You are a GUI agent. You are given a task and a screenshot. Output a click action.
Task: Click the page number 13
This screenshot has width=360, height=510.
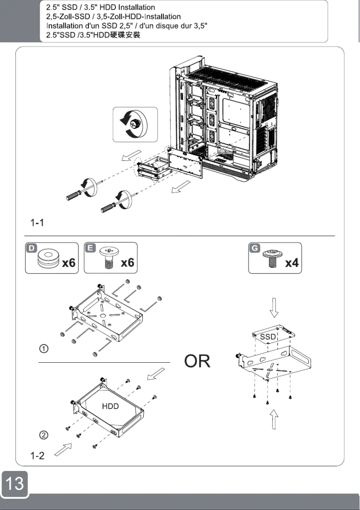(14, 484)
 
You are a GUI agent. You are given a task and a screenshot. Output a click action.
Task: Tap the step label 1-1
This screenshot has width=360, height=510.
(37, 222)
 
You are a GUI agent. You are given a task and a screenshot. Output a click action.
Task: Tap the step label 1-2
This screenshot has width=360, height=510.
(37, 456)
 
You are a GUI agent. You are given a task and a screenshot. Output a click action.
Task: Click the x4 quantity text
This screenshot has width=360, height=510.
(292, 263)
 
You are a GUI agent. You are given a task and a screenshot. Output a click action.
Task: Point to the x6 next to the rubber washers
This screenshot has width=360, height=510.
(68, 263)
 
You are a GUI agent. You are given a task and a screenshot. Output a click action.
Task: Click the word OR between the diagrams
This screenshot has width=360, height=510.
(197, 361)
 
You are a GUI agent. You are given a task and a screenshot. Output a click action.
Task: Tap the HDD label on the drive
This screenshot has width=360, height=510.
(110, 406)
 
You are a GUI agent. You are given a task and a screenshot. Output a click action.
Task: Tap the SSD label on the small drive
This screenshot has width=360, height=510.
(268, 337)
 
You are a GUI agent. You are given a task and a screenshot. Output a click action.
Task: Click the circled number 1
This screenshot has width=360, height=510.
(44, 349)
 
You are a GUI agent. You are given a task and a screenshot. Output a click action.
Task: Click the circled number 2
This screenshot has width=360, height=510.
(44, 435)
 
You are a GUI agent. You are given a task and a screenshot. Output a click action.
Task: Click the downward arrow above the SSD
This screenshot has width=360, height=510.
(275, 308)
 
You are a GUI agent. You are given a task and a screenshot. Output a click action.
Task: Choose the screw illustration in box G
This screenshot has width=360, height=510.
(271, 259)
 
